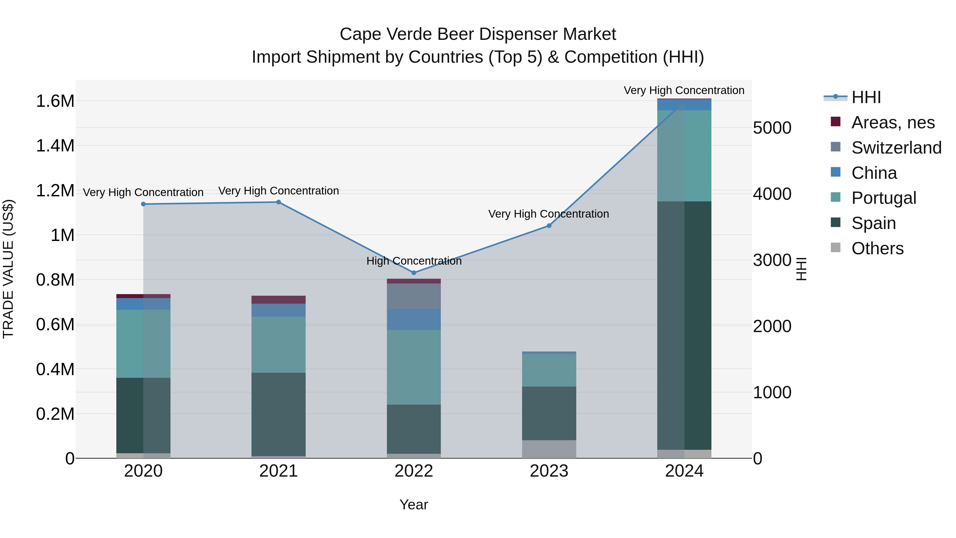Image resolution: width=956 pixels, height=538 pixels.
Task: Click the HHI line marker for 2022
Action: (x=414, y=273)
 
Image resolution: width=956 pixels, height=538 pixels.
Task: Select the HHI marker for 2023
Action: (x=549, y=226)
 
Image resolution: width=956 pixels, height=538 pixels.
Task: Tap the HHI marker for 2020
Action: (x=143, y=204)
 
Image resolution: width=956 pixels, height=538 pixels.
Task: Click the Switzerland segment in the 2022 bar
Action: (x=414, y=296)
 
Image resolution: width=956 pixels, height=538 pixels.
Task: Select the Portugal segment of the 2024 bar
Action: (x=684, y=156)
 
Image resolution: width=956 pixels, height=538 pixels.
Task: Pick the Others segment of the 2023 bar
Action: (x=549, y=449)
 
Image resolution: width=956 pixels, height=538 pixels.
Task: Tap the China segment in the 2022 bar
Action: (x=414, y=319)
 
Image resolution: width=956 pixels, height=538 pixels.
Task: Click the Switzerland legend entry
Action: (x=896, y=148)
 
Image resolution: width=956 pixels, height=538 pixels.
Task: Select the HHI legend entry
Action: (x=866, y=97)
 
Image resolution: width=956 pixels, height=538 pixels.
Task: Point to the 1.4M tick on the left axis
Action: (x=55, y=146)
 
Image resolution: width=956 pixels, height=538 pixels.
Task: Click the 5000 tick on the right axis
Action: (x=772, y=128)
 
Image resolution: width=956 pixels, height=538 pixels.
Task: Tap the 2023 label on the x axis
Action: (x=549, y=471)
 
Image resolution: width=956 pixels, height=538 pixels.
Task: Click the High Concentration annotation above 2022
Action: (x=414, y=261)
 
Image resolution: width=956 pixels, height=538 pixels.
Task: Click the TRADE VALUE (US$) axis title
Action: (x=8, y=269)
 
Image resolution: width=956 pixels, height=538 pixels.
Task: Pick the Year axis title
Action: (x=414, y=505)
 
